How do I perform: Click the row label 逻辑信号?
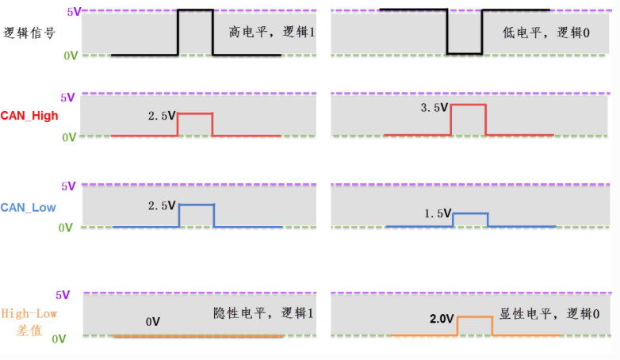click(29, 33)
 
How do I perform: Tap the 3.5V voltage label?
click(434, 107)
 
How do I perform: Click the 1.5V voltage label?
click(436, 214)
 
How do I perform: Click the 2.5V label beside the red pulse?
click(162, 115)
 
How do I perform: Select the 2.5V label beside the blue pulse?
click(162, 205)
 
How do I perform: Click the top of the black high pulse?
click(195, 10)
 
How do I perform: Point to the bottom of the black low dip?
click(465, 54)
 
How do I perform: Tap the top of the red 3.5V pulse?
click(468, 105)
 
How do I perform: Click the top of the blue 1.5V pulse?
click(470, 213)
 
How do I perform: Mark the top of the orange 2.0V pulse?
click(474, 317)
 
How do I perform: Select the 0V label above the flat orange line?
click(153, 322)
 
